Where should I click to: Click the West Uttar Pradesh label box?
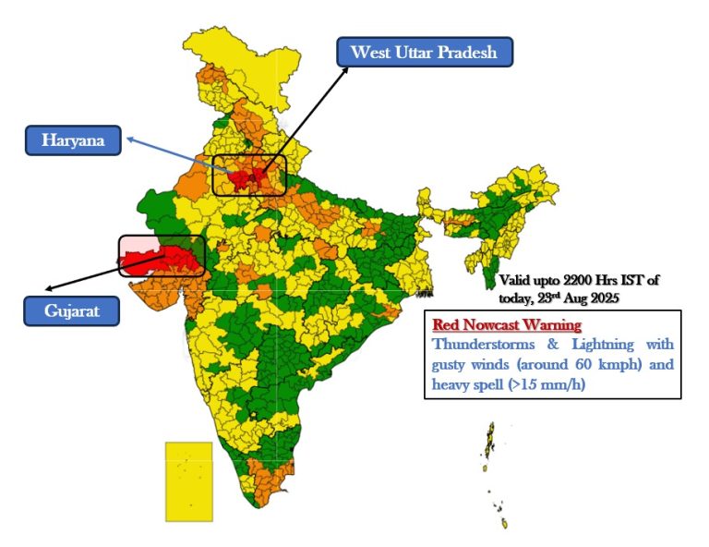425,52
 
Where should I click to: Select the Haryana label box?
73,140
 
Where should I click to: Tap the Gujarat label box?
71,311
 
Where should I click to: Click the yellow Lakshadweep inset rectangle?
188,480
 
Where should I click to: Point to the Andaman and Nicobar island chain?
491,444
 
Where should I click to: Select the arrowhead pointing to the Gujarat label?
50,291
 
